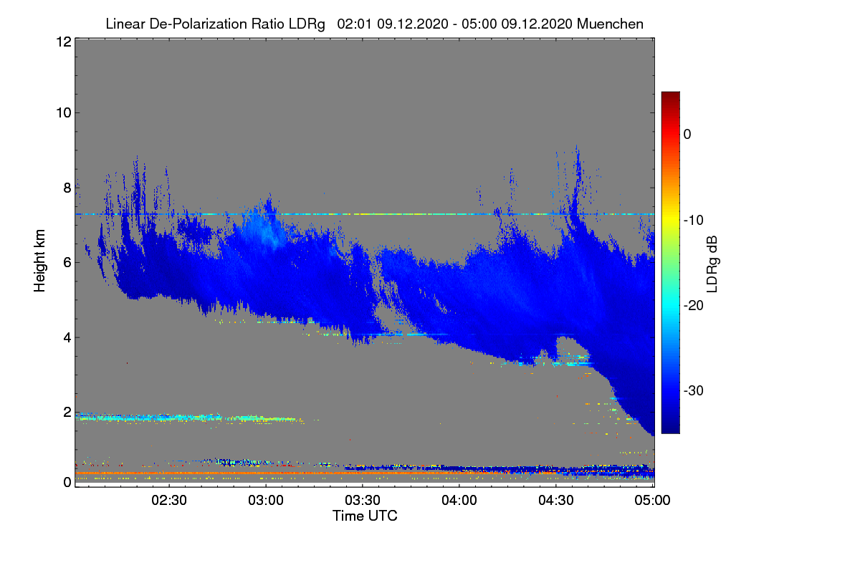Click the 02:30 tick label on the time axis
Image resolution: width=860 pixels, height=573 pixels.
(169, 500)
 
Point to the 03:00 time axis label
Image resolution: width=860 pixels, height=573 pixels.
(266, 500)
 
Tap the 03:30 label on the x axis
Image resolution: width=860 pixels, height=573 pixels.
(363, 500)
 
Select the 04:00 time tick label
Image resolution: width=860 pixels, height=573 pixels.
(459, 500)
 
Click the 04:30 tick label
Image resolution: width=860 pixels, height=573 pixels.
(556, 500)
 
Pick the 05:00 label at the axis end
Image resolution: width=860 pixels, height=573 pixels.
(652, 500)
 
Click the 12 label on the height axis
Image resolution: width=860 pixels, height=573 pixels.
(64, 42)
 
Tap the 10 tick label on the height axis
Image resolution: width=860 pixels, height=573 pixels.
(64, 113)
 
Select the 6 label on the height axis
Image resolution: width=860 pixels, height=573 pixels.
(67, 263)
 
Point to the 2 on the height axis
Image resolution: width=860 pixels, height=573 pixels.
(67, 412)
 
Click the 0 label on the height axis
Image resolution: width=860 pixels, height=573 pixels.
(67, 482)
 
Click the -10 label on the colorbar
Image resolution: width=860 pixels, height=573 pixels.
(694, 221)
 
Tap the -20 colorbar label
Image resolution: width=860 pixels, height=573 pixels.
(694, 306)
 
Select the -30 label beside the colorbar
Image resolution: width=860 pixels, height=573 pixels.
(694, 390)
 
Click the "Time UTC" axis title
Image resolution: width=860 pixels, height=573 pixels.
(365, 516)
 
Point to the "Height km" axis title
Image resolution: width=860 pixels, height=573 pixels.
(39, 261)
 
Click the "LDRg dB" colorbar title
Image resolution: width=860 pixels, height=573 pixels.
(712, 264)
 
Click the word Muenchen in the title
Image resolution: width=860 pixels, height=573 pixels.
(610, 24)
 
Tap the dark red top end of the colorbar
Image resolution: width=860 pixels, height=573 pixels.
(670, 94)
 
